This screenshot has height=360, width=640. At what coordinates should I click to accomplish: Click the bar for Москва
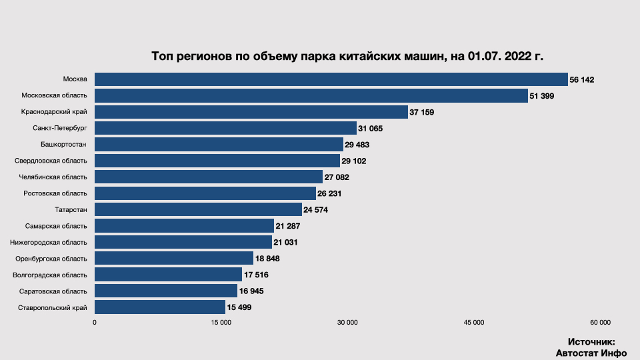coord(331,79)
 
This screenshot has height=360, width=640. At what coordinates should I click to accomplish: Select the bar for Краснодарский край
coord(251,112)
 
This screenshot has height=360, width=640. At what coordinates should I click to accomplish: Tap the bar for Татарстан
coord(198,209)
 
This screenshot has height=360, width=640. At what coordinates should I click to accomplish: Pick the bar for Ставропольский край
coord(160,307)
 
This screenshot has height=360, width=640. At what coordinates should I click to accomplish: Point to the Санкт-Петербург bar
coord(225,128)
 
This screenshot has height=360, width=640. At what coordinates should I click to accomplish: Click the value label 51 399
coord(542,96)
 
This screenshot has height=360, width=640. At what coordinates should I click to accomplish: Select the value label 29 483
coord(357,145)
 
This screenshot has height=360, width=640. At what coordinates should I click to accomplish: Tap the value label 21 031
coord(285,242)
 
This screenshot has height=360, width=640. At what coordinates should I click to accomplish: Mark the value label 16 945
coord(252,291)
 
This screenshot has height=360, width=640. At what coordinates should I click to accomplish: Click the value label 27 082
coord(337,177)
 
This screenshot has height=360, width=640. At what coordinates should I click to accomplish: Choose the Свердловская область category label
coord(51,161)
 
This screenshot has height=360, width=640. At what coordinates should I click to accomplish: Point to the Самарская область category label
coord(56,226)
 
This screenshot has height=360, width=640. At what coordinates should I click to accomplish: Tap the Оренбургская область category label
coord(51,258)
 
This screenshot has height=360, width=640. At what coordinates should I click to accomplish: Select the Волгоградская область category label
coord(50,275)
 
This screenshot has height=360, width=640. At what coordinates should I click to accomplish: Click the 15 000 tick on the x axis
coord(221,323)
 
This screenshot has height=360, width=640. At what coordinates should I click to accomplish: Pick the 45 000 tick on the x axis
coord(473,323)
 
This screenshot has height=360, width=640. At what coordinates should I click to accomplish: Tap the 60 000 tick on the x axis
coord(600,323)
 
